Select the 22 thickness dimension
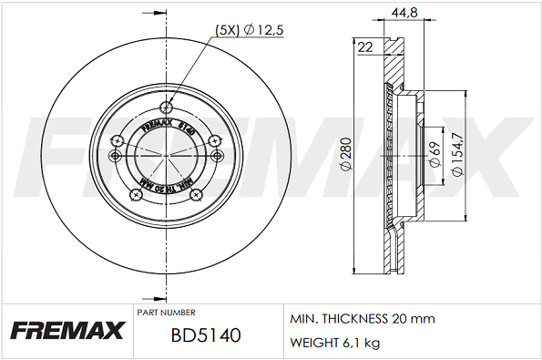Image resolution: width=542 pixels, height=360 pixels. [365, 47]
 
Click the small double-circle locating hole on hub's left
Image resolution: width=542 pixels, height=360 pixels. [114, 156]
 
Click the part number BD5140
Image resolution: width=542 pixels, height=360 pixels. [205, 335]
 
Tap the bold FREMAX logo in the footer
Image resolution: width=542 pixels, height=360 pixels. [66, 331]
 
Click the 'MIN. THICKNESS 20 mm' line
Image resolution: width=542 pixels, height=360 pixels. [362, 319]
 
